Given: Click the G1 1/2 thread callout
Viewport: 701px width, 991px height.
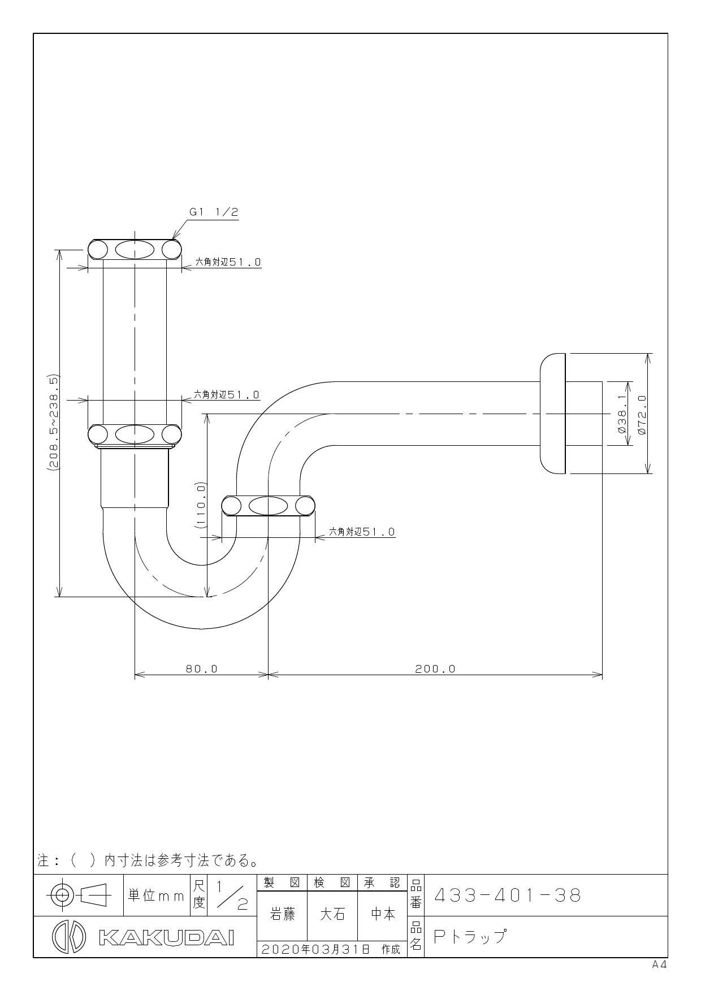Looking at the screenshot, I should (214, 212).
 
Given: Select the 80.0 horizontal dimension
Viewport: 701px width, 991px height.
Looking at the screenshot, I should (202, 669).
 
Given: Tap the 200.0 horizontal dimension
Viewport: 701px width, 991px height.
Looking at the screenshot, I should (435, 669).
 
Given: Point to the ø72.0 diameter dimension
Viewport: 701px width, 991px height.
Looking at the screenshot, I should (642, 414).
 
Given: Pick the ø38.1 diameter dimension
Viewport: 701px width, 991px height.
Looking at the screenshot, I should (622, 414).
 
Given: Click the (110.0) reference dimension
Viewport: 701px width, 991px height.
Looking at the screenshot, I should (201, 505).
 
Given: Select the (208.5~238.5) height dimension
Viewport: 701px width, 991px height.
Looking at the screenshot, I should (54, 423).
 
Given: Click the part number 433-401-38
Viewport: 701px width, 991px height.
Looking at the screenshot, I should (507, 896).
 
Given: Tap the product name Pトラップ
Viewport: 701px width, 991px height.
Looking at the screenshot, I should (469, 936).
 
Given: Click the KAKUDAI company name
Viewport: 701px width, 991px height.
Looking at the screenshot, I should (166, 937).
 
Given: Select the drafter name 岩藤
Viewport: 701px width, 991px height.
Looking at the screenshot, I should (283, 914).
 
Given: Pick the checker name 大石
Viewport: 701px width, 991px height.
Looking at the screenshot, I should (332, 914).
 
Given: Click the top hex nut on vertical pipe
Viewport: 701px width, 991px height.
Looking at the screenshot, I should (135, 249).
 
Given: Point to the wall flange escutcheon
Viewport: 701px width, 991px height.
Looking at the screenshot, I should (552, 414).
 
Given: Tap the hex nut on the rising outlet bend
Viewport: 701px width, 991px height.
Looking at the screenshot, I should (268, 506).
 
